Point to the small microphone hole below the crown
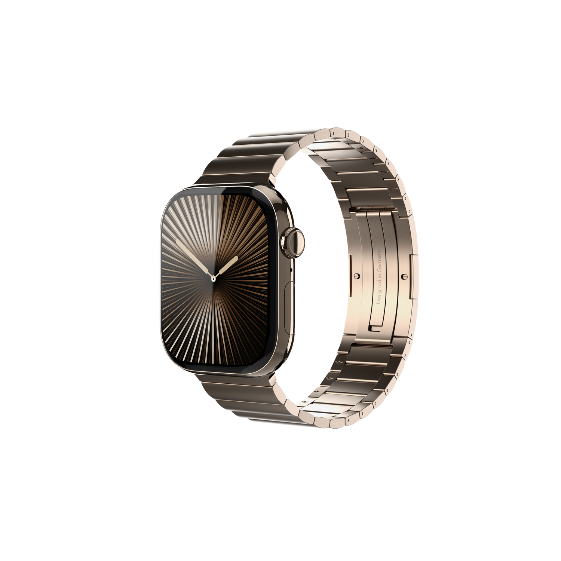tap(291, 269)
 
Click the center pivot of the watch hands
tap(213, 278)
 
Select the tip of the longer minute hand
tap(177, 240)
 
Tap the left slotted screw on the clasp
tap(355, 276)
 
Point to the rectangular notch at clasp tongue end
tap(376, 327)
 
